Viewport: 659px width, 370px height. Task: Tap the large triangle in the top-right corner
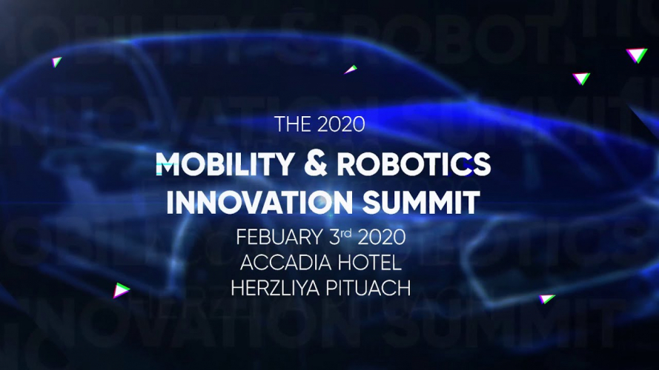click(636, 54)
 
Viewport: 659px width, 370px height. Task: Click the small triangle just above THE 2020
click(351, 70)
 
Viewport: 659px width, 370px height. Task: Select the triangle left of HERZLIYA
click(121, 289)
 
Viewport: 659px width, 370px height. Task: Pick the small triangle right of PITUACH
click(547, 299)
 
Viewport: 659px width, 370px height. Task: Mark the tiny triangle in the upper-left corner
click(57, 62)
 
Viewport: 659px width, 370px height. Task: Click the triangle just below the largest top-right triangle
click(581, 78)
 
